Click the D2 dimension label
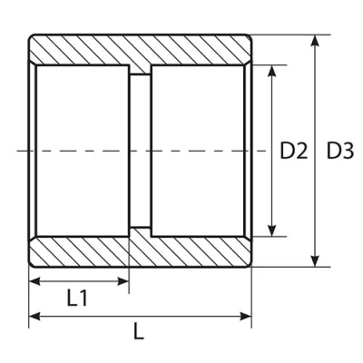point(294,151)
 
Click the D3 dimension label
point(340,151)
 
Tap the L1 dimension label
point(77,298)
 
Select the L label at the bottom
point(139,332)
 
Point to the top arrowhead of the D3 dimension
point(316,41)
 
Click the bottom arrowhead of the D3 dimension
point(316,261)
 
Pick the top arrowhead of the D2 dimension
point(272,71)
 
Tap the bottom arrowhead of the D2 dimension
point(272,231)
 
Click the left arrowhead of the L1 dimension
point(34,281)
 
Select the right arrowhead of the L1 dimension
point(123,281)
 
